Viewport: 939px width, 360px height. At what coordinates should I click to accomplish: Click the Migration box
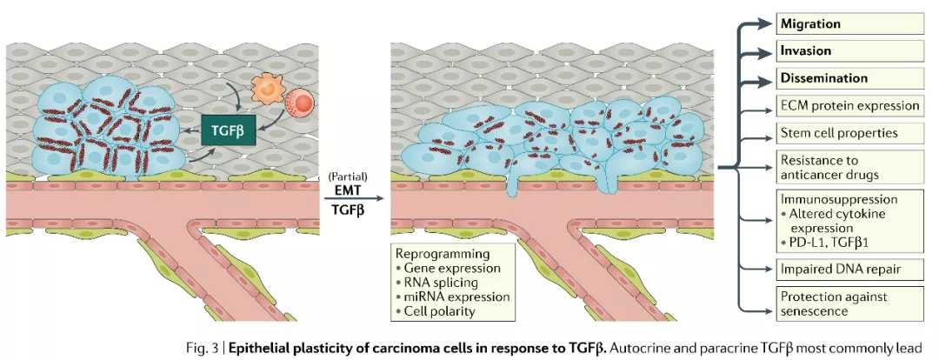click(x=848, y=23)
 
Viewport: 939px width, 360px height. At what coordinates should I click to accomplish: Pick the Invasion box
click(x=848, y=50)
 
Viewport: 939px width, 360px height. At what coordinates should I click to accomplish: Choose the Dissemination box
click(x=848, y=78)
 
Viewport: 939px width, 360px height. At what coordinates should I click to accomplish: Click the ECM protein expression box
click(x=848, y=106)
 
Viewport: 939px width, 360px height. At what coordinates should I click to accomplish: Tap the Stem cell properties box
click(x=848, y=134)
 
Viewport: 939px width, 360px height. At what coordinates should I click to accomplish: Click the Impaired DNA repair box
click(x=848, y=269)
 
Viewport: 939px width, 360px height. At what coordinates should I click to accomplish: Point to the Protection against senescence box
click(x=848, y=303)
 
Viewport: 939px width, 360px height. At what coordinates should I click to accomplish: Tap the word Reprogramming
click(x=442, y=253)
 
